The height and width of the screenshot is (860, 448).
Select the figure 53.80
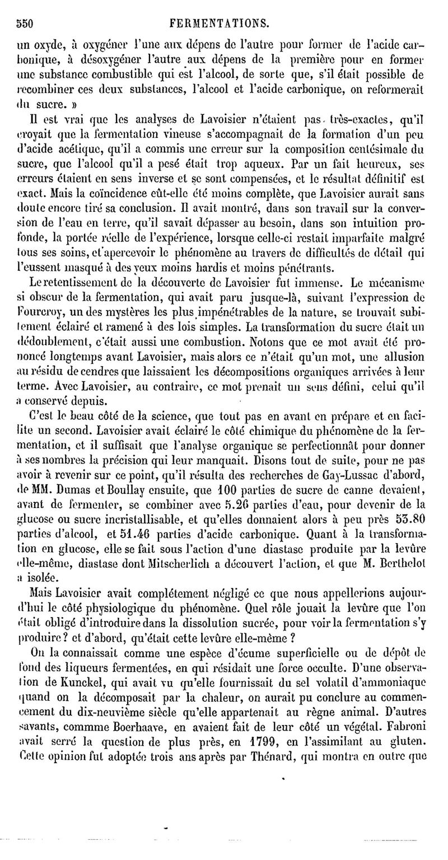pos(412,551)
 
